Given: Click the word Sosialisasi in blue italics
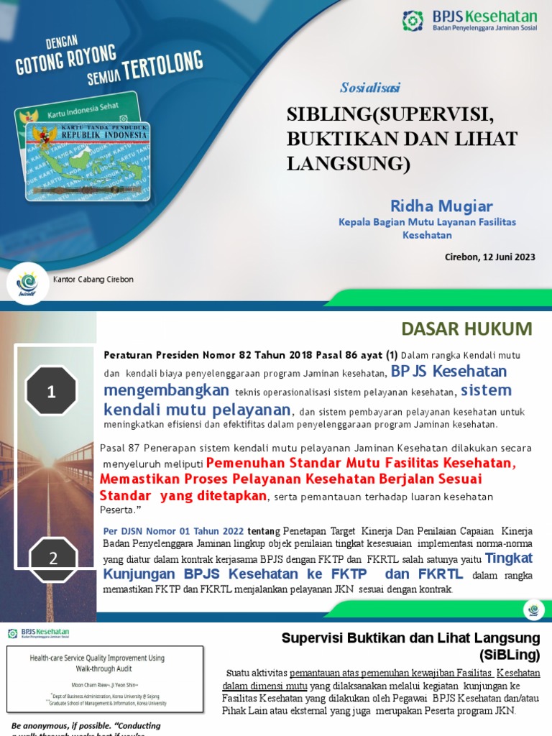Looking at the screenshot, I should tap(370, 88).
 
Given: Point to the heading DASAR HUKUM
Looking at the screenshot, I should tap(466, 329).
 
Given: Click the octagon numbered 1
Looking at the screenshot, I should tap(51, 392).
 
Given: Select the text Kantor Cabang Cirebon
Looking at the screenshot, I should tap(93, 280).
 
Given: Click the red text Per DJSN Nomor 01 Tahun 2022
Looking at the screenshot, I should tap(173, 530).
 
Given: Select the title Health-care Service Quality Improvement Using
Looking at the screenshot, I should tap(106, 658).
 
